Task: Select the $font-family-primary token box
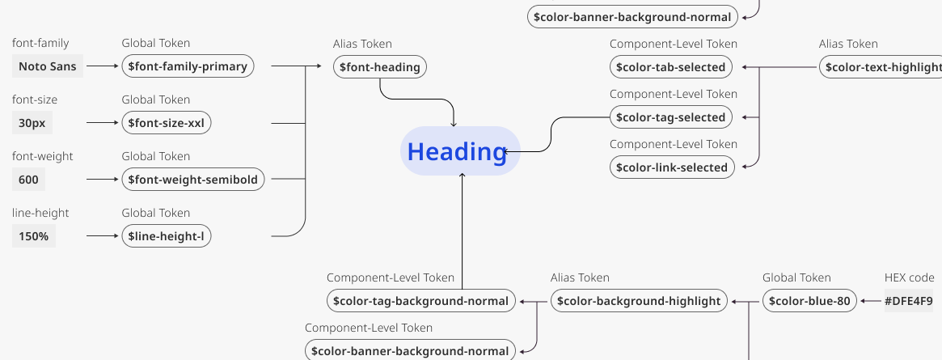188,66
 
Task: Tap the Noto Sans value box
48,66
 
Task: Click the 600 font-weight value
28,180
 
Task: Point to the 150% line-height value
34,236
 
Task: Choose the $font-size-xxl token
167,123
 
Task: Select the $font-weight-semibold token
192,180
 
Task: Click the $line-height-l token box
167,236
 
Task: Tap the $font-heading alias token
380,67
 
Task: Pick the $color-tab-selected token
670,67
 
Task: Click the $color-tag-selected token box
670,117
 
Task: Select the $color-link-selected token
671,167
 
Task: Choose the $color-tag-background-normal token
421,301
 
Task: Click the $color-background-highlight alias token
639,301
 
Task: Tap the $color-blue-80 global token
809,301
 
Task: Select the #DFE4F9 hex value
908,301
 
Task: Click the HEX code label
909,277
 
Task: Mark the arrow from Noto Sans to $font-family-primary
102,66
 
